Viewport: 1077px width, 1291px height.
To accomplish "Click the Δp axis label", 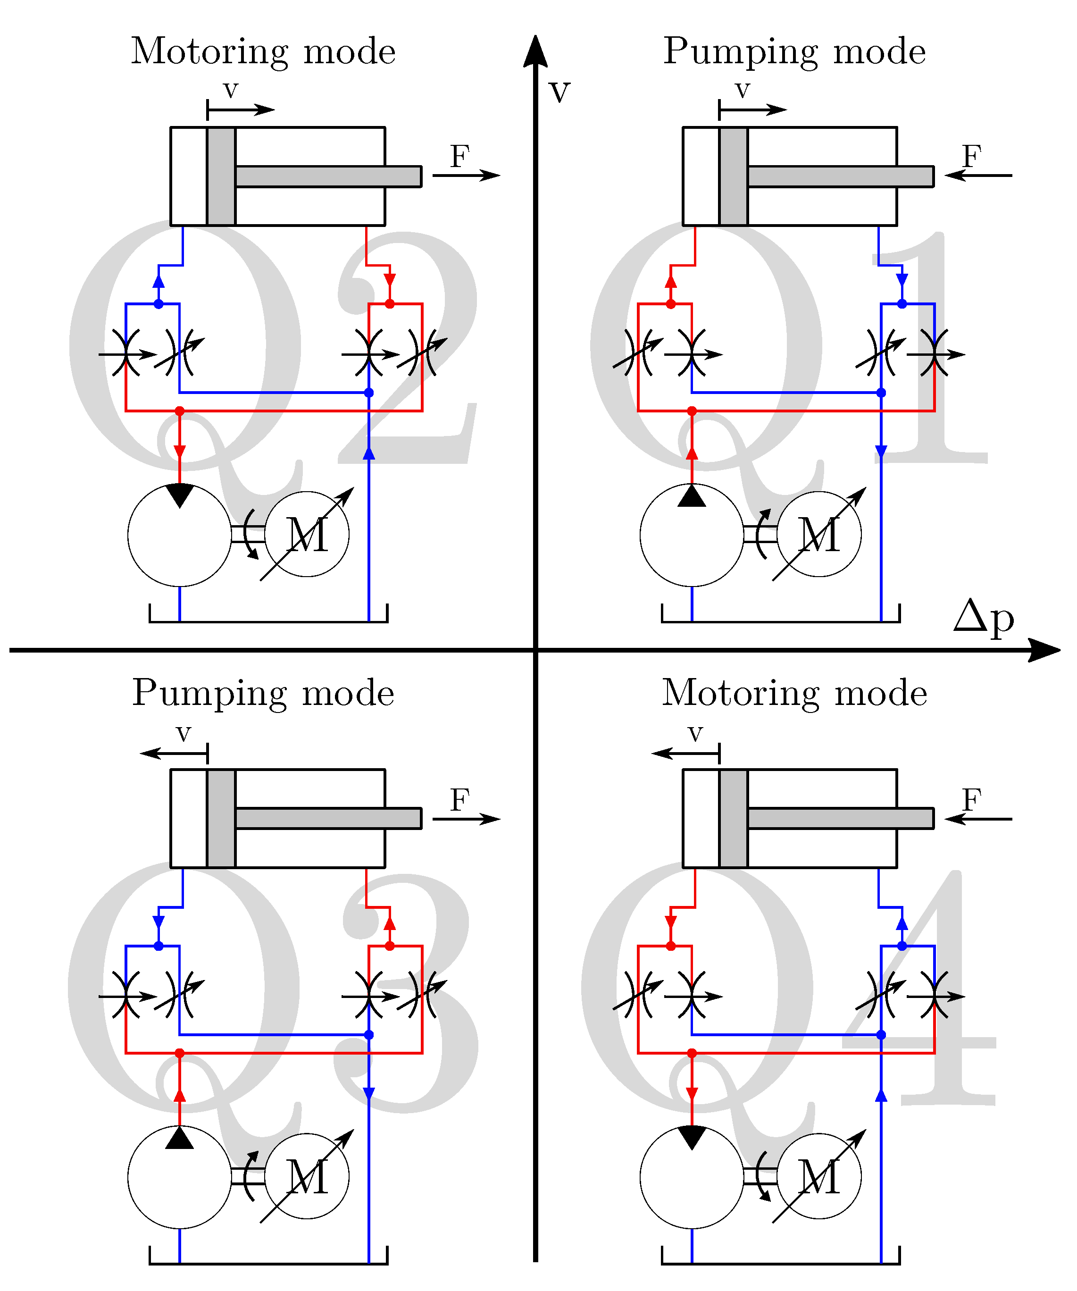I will [984, 618].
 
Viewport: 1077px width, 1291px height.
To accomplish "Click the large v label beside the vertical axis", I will [559, 92].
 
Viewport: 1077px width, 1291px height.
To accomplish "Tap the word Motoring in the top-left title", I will [209, 52].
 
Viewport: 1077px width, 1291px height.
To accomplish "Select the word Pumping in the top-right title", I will [741, 52].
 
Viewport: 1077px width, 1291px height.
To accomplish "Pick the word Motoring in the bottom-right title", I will [740, 694].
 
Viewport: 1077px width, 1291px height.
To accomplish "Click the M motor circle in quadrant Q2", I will [307, 534].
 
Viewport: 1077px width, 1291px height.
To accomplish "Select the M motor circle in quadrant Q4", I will [819, 1176].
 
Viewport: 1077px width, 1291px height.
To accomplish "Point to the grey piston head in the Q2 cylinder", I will [221, 176].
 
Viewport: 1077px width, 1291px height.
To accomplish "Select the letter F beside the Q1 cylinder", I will [971, 156].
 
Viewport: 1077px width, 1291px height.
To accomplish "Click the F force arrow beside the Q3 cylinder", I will [467, 819].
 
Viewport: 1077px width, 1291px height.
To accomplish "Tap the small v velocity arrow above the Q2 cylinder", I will [241, 110].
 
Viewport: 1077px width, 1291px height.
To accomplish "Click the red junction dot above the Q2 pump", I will [179, 411].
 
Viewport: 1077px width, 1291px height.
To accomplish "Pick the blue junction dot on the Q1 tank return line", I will [881, 392].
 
